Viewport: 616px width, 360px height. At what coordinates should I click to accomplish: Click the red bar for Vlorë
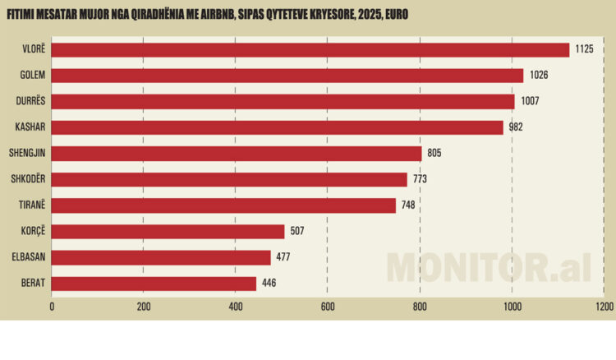coord(310,50)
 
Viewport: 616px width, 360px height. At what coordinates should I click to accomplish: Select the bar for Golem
coord(287,76)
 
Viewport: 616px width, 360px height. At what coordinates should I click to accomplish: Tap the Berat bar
coord(154,284)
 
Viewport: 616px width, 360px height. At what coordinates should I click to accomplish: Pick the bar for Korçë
coord(168,232)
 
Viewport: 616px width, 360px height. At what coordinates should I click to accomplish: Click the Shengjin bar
coord(237,154)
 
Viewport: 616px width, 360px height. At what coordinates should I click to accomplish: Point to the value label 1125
coord(584,50)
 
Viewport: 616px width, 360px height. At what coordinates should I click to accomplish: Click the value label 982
coord(516,127)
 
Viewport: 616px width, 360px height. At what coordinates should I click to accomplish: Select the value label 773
coord(420,179)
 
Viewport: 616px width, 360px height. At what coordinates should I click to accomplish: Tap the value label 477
coord(283,257)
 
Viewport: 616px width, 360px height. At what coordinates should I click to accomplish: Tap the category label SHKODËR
coord(32,179)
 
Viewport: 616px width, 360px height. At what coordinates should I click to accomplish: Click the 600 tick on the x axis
coord(328,307)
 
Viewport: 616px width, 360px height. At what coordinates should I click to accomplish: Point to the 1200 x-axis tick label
coord(604,307)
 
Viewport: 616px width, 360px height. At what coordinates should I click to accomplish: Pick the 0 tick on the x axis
coord(52,307)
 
